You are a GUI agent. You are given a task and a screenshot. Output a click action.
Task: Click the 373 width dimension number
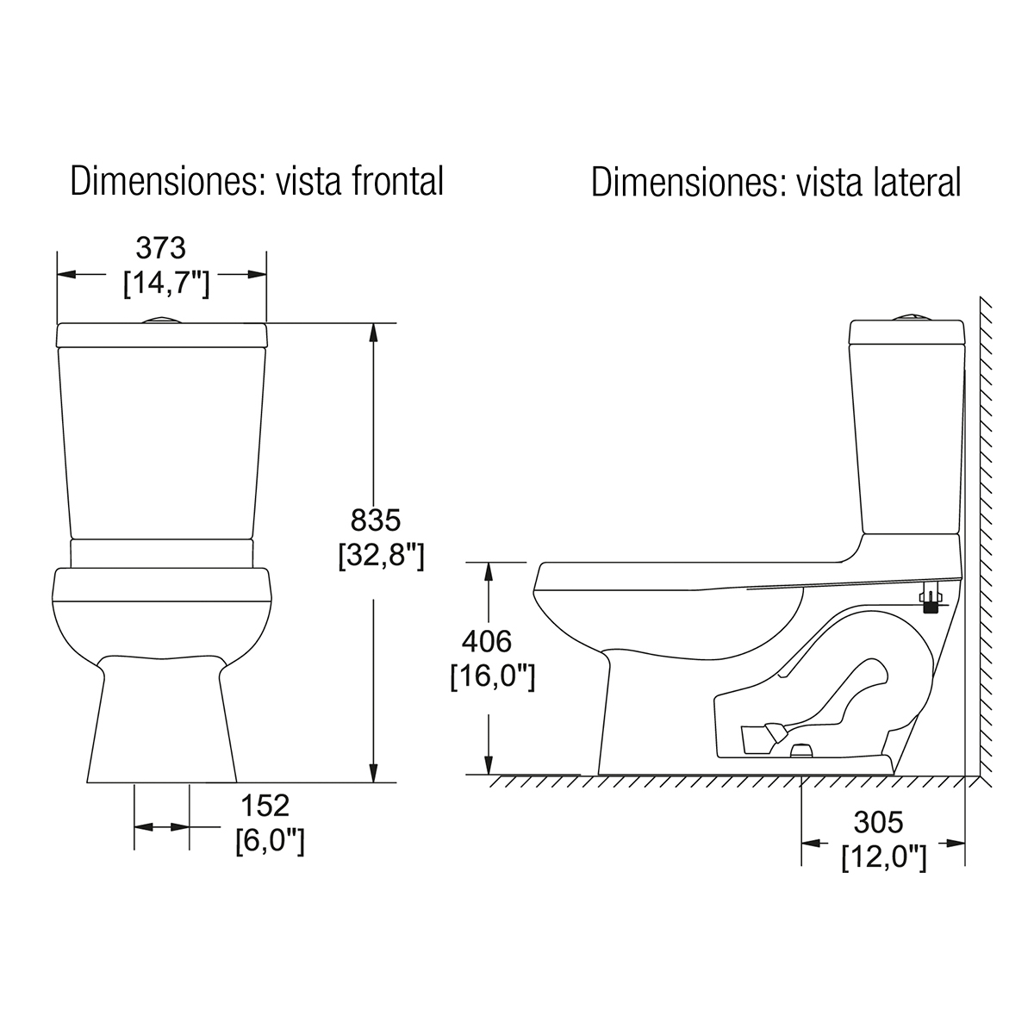[x=160, y=248]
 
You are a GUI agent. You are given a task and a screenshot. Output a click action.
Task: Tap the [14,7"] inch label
[x=166, y=283]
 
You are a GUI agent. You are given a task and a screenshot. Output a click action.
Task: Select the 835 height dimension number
[x=376, y=520]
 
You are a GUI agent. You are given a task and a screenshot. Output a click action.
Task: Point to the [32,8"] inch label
[x=382, y=556]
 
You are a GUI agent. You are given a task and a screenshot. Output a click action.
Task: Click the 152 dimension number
[x=265, y=805]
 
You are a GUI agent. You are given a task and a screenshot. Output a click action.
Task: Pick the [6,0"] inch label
[x=270, y=840]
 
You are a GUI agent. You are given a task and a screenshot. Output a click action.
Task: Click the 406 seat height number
[x=487, y=641]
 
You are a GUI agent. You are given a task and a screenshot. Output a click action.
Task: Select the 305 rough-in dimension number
[x=878, y=822]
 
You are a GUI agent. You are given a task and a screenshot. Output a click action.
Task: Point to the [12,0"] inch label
[x=884, y=857]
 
